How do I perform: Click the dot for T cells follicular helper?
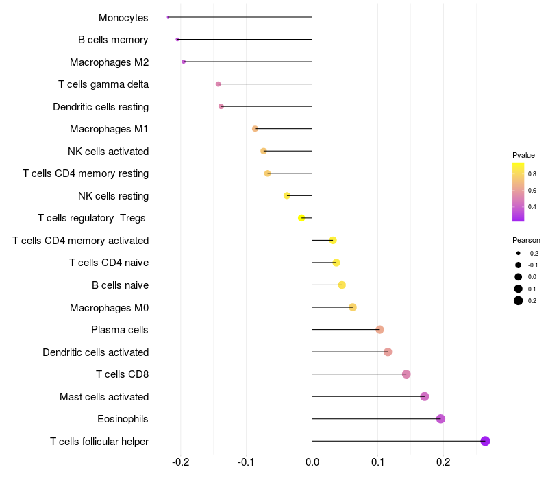click(485, 441)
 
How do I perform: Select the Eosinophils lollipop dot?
click(440, 419)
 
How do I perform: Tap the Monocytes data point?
click(168, 17)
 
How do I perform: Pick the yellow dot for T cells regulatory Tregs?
click(301, 218)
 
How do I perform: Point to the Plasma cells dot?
click(379, 330)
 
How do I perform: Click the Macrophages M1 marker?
click(255, 129)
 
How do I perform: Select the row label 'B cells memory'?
click(113, 40)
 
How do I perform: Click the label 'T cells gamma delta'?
click(103, 84)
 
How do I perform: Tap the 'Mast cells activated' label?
click(104, 396)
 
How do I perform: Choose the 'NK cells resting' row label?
click(113, 196)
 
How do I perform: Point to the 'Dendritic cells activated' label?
click(95, 352)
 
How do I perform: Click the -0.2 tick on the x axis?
click(180, 462)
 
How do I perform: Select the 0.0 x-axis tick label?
click(312, 462)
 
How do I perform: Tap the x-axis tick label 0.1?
click(377, 462)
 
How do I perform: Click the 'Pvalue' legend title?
click(523, 155)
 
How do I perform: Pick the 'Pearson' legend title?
click(526, 240)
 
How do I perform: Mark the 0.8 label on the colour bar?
click(532, 173)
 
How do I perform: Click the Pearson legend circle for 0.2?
click(519, 300)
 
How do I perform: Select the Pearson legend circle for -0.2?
click(519, 253)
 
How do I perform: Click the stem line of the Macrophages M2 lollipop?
click(247, 62)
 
